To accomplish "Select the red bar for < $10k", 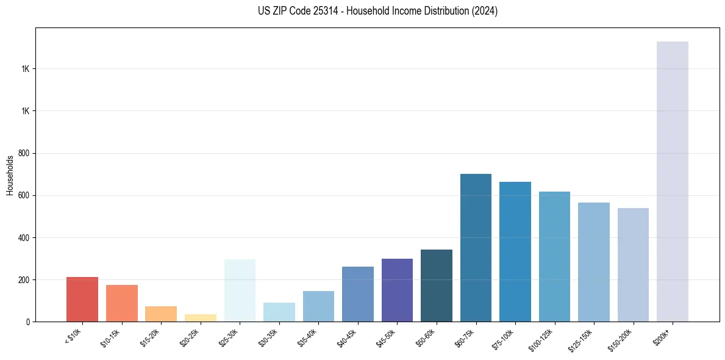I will pos(82,299).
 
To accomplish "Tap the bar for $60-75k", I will pos(476,248).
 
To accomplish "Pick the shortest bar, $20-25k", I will pos(201,318).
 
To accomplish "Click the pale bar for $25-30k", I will pos(240,290).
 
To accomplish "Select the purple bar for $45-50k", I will pos(397,290).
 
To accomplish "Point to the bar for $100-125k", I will pos(554,256).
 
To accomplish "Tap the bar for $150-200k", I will pos(633,265).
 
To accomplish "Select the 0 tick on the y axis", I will pos(29,322).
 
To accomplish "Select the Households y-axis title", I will pos(10,175).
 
